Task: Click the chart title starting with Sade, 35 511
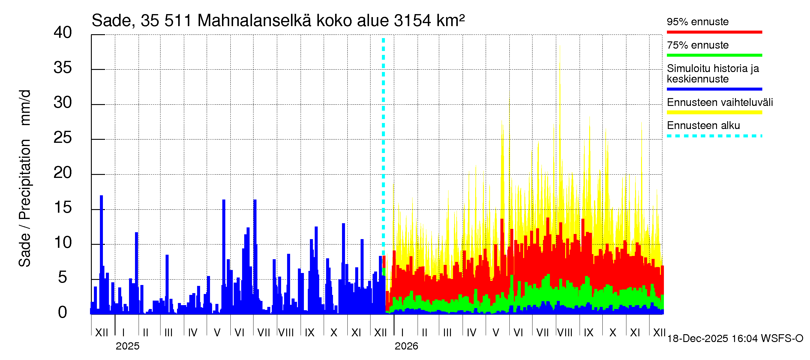278,21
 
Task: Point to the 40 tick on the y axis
63,32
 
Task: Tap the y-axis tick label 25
63,137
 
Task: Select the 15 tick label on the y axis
63,208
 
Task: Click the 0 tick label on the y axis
63,312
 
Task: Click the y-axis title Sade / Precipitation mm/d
25,178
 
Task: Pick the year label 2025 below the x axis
127,346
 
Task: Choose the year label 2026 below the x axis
406,346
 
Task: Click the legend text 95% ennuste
697,22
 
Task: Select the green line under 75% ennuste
714,55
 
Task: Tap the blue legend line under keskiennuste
714,89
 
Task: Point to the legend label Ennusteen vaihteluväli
720,103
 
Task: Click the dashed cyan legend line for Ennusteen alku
714,136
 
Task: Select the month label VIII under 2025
286,333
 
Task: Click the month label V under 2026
496,333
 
